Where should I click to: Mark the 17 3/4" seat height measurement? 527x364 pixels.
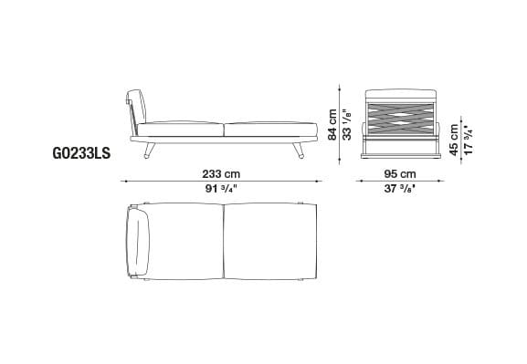469,138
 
